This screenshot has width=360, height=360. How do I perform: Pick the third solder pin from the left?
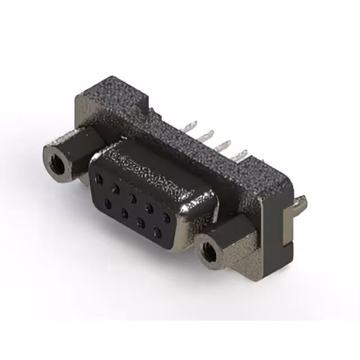tap(227, 145)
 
